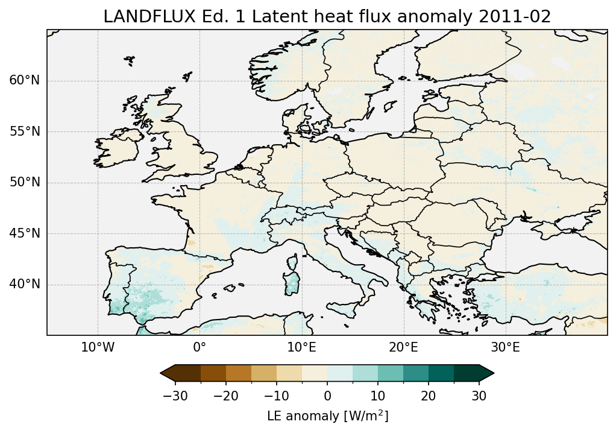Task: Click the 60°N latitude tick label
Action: [24, 81]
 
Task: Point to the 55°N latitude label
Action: [24, 131]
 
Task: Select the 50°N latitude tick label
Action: [24, 183]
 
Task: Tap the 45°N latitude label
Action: [24, 233]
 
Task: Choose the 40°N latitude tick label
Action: [24, 284]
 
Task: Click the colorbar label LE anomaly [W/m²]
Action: [327, 416]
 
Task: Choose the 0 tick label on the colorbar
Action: [327, 396]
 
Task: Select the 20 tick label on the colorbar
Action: [429, 396]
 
